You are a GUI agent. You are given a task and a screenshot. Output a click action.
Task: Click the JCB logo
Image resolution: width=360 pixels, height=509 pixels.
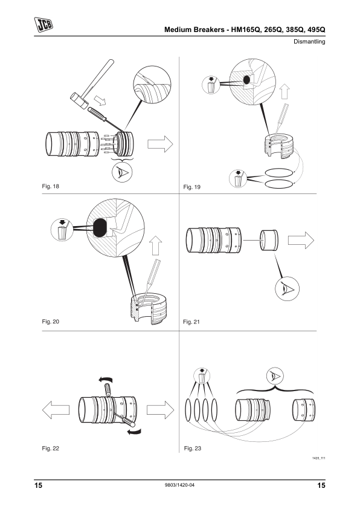pyautogui.click(x=43, y=25)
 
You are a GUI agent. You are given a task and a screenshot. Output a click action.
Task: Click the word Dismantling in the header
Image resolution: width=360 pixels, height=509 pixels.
pyautogui.click(x=309, y=42)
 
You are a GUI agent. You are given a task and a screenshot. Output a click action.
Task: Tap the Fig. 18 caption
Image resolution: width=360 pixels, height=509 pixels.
pyautogui.click(x=51, y=186)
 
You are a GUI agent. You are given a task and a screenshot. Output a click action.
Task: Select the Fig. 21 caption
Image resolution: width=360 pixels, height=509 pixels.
pyautogui.click(x=191, y=322)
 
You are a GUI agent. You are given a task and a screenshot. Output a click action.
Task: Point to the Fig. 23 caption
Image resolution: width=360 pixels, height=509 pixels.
pyautogui.click(x=192, y=449)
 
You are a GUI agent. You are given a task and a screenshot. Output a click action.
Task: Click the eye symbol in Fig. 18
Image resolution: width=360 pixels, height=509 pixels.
pyautogui.click(x=122, y=172)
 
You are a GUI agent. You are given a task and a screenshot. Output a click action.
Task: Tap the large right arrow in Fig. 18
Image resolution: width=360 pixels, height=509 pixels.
pyautogui.click(x=160, y=144)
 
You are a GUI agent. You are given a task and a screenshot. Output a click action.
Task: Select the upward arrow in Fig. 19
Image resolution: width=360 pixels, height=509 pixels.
pyautogui.click(x=284, y=91)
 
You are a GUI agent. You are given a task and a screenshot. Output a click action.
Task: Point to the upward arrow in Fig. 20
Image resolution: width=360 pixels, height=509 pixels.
pyautogui.click(x=156, y=245)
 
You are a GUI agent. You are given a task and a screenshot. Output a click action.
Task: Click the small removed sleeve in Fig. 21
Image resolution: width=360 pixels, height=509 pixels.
pyautogui.click(x=269, y=240)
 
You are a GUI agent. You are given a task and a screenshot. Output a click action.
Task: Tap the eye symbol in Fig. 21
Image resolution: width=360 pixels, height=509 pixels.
pyautogui.click(x=287, y=288)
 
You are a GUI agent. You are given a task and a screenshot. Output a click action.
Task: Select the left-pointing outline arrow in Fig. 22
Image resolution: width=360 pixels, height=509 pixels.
pyautogui.click(x=56, y=410)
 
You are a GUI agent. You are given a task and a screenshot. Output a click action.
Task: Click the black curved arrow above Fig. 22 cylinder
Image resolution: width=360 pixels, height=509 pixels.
pyautogui.click(x=106, y=380)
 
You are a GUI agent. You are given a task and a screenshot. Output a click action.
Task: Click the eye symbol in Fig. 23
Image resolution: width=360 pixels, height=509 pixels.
pyautogui.click(x=275, y=377)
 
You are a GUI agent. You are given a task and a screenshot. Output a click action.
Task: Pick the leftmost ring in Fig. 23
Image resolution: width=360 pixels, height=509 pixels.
pyautogui.click(x=188, y=410)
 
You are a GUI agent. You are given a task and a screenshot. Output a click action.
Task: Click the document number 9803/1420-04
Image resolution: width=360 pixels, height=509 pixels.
pyautogui.click(x=179, y=485)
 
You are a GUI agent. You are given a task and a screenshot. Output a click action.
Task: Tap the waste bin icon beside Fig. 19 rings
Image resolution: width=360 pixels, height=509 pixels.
pyautogui.click(x=238, y=178)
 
